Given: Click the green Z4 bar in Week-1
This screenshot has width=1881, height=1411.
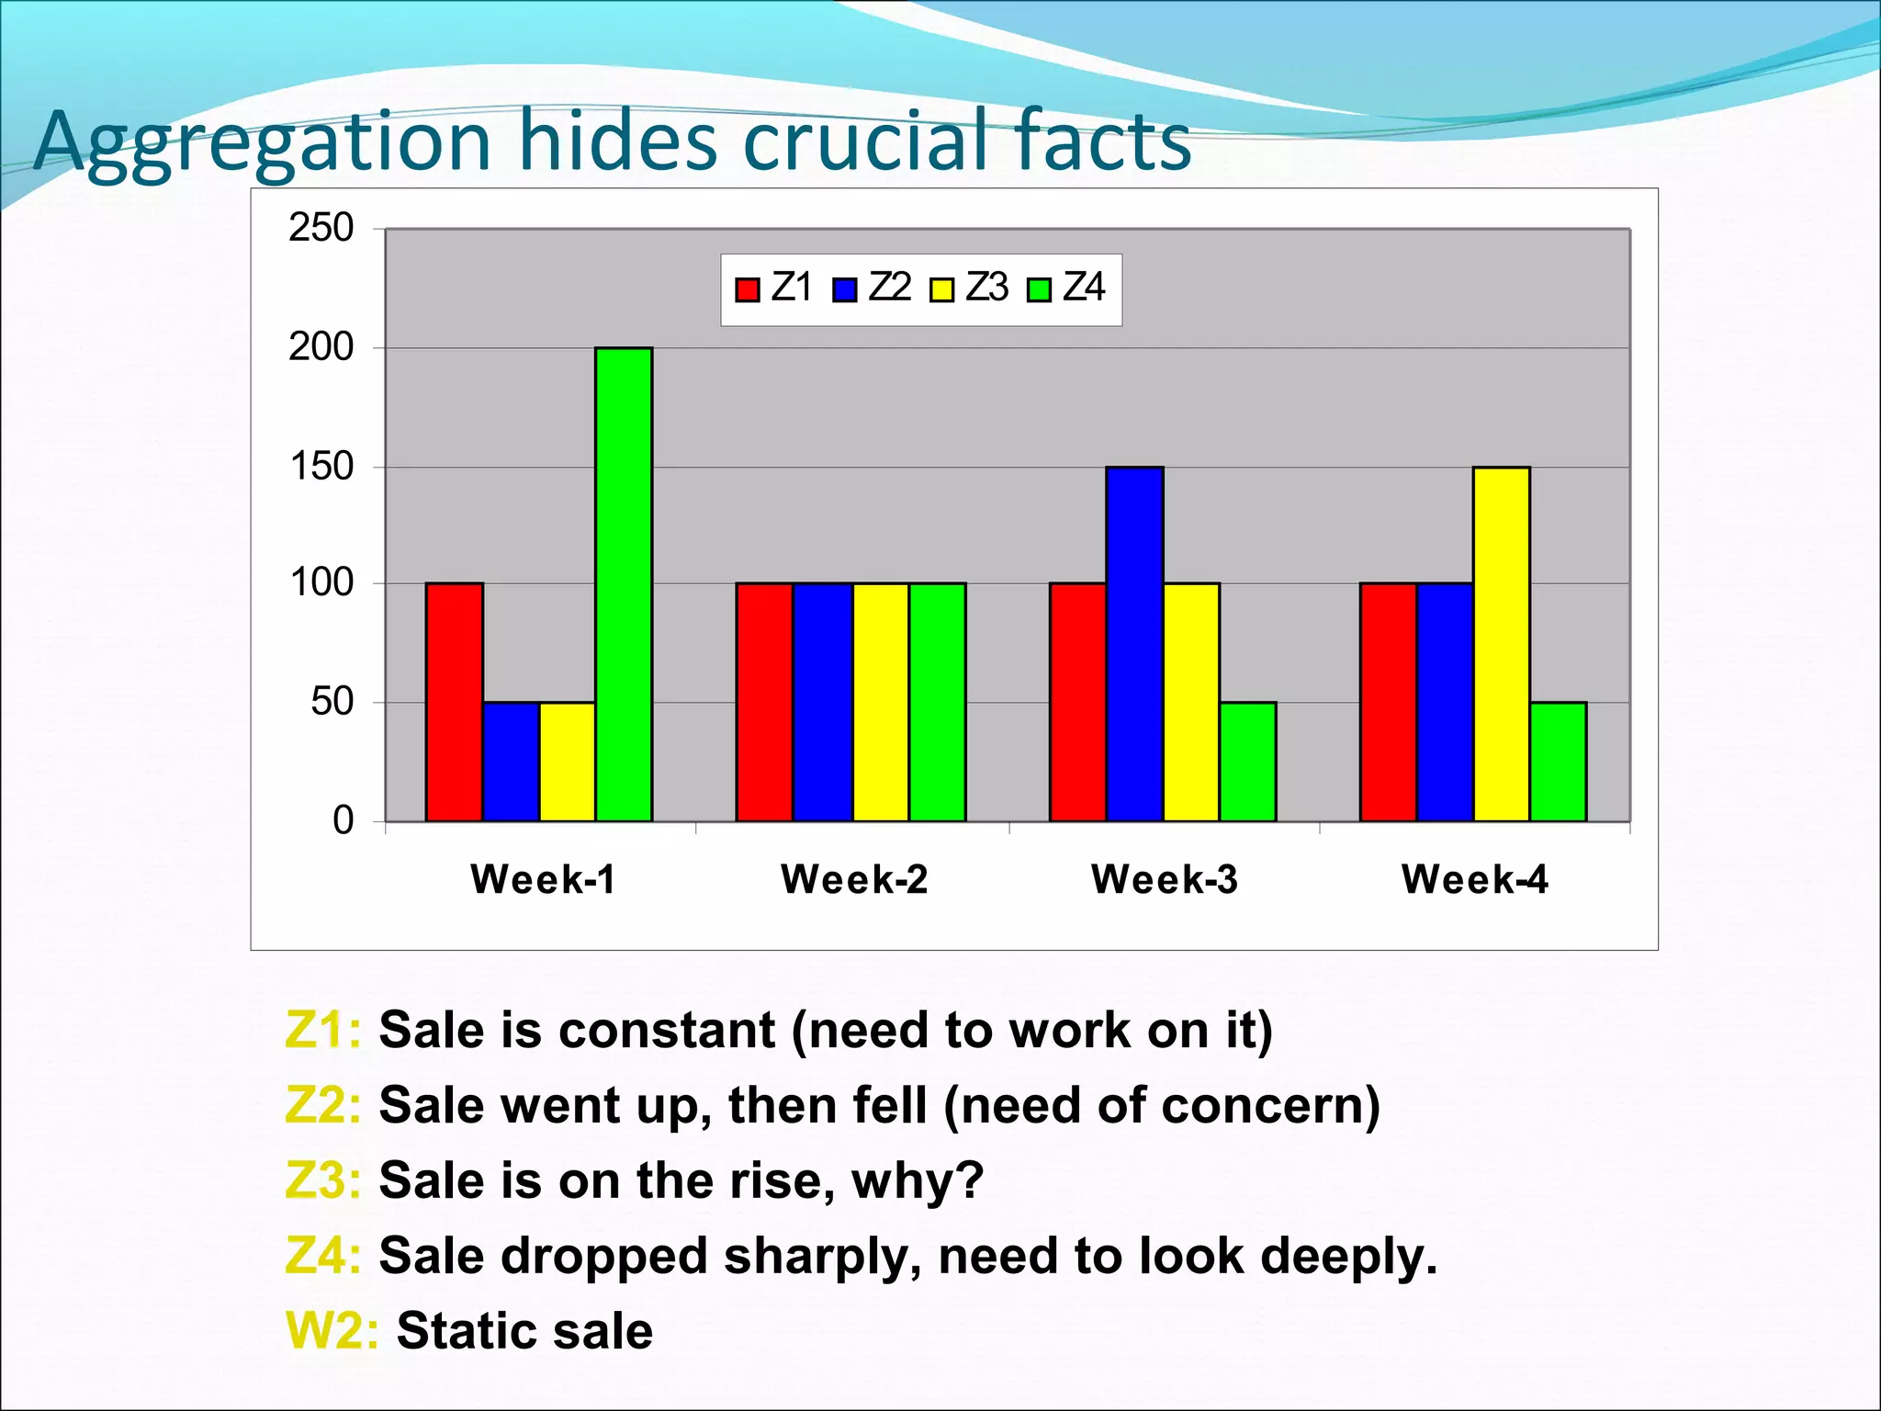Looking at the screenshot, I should tap(624, 584).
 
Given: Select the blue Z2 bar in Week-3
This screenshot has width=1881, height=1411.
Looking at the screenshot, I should tap(1134, 643).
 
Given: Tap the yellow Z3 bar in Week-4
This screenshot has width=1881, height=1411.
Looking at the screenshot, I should tap(1501, 643).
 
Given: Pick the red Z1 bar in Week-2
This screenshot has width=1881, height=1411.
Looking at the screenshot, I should tap(764, 702).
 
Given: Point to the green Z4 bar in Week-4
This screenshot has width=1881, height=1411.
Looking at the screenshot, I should tap(1558, 761).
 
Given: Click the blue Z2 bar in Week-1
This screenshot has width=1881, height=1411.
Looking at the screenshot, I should tap(511, 761).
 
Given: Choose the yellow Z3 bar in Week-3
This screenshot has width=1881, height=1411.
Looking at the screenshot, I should tap(1191, 702).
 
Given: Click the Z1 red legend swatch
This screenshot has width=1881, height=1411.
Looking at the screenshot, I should tap(748, 290).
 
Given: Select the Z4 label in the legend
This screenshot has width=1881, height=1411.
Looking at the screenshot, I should tap(1084, 288).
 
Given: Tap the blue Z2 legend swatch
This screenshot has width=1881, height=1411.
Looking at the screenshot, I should tap(844, 290).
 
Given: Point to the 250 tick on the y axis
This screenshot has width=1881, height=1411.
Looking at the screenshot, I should tap(321, 228).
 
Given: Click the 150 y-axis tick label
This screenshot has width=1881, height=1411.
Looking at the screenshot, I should tap(321, 467).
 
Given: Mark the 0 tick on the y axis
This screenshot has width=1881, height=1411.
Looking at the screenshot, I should tap(343, 820).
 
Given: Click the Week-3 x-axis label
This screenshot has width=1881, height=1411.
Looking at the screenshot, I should tap(1164, 879).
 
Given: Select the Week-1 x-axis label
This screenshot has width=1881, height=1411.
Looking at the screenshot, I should tap(542, 879).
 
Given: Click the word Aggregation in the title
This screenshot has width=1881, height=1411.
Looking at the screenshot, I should tap(263, 142).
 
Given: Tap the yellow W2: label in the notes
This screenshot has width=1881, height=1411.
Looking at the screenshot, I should tap(332, 1330).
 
